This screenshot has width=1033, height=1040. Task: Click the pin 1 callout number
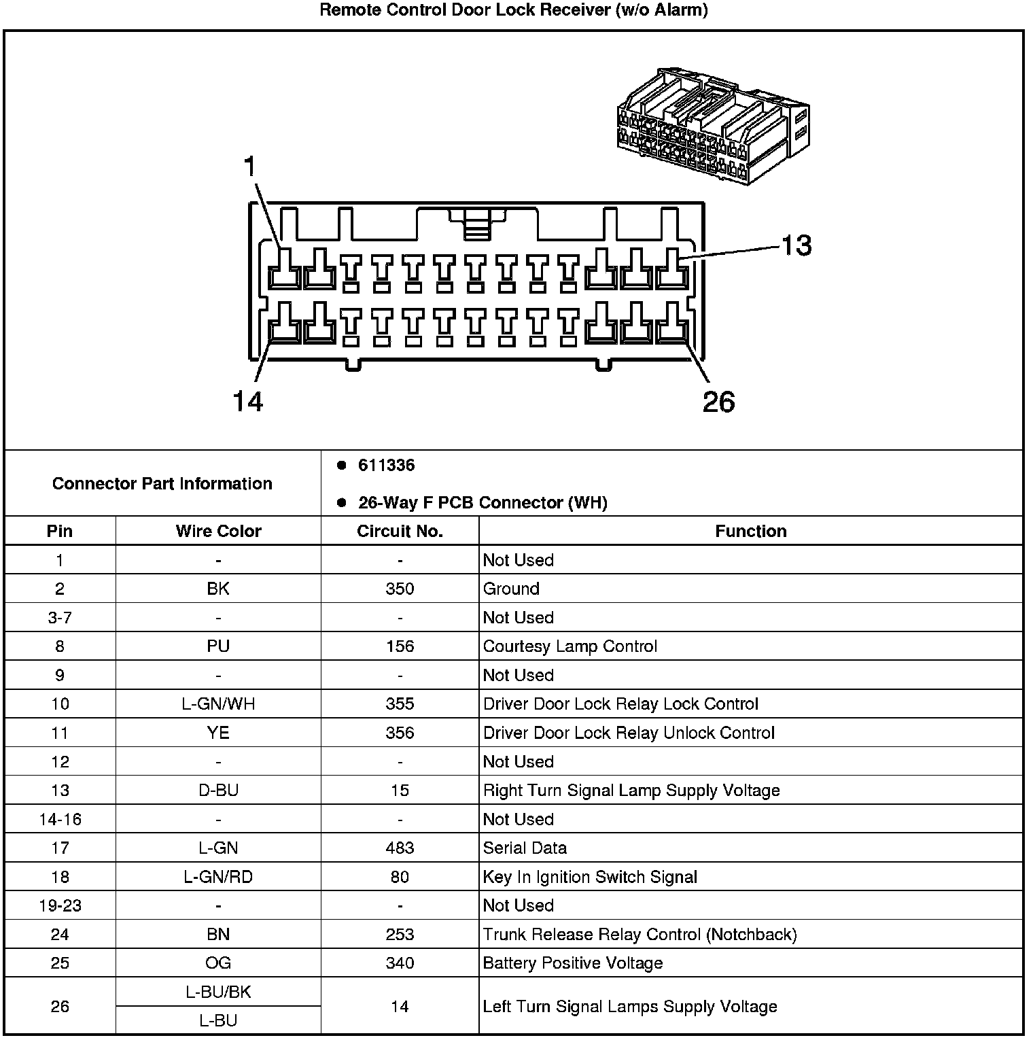point(250,167)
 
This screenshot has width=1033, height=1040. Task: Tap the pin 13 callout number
point(796,245)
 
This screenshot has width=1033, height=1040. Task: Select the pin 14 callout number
point(247,402)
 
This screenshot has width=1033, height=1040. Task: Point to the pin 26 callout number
point(718,402)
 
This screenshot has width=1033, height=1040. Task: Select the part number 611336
point(386,466)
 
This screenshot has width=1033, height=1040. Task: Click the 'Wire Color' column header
point(218,531)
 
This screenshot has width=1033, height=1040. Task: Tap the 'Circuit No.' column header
point(400,531)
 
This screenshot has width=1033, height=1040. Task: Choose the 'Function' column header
point(750,531)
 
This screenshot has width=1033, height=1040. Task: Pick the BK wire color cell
point(218,589)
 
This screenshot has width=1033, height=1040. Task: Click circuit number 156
point(400,646)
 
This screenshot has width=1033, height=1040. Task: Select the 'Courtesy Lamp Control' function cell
point(570,646)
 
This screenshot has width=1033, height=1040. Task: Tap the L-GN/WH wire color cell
point(218,704)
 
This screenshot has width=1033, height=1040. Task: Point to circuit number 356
point(400,733)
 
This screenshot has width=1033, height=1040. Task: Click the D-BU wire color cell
point(218,791)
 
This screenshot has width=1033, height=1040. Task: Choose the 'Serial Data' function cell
point(525,848)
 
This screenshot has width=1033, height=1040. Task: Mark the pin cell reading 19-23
point(60,905)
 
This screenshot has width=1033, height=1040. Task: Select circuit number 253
point(400,935)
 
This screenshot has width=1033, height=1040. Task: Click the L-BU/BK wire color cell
point(218,992)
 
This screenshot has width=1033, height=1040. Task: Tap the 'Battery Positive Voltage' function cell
point(572,963)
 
